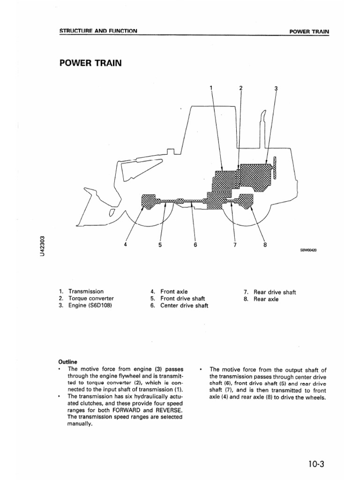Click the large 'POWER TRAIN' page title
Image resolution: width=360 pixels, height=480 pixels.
pos(90,62)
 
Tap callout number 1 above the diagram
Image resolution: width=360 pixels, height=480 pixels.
pos(211,88)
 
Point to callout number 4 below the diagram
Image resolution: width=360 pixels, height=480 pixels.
pos(126,244)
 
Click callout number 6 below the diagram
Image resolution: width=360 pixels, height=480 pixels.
pos(195,245)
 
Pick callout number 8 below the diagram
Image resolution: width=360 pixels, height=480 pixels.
pos(265,244)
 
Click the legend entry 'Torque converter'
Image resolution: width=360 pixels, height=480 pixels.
pos(91,298)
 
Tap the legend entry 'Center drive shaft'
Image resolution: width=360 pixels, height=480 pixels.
pos(184,306)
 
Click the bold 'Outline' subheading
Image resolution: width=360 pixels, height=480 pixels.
pos(68,362)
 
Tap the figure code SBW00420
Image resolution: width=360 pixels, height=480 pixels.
pos(308,250)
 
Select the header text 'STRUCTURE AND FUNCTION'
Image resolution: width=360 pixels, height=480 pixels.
pos(98,31)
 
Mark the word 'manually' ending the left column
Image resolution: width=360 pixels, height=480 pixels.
pos(81,425)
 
